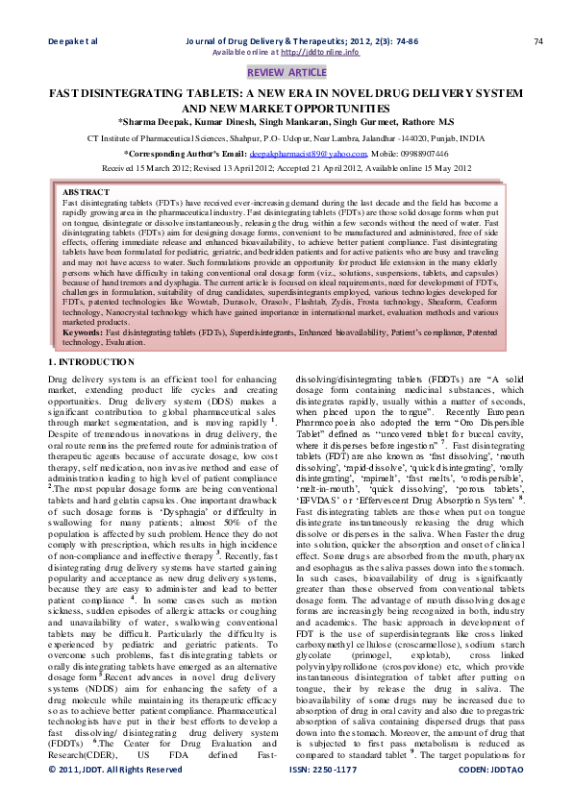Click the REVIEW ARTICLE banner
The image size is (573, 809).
286,73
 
